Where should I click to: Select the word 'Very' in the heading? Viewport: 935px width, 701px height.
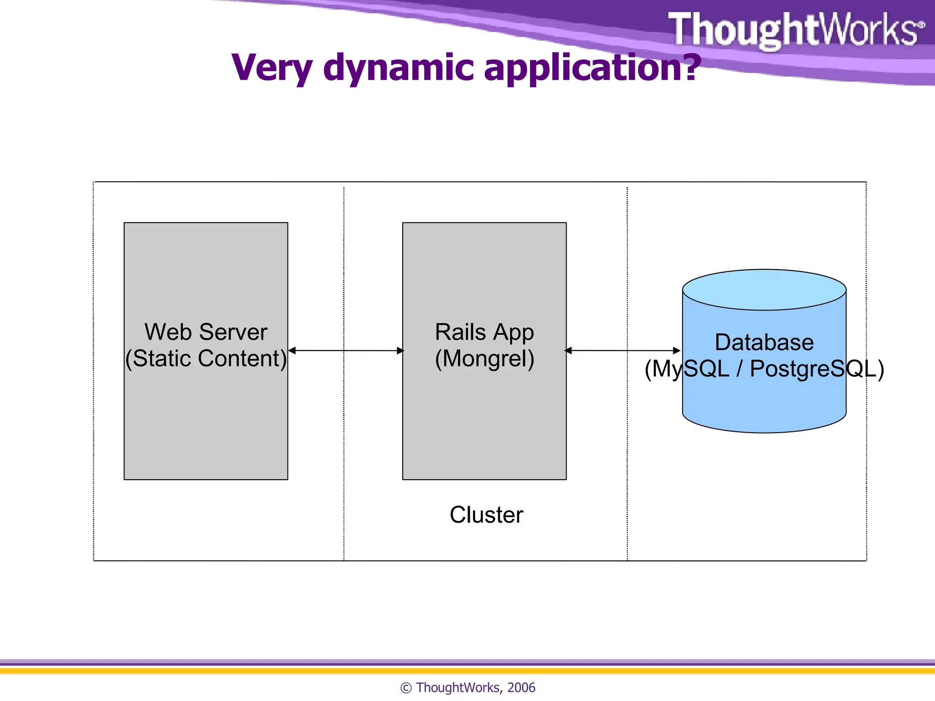click(x=272, y=68)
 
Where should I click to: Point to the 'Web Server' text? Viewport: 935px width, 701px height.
click(x=206, y=332)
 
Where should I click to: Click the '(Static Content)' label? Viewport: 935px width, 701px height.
click(x=206, y=358)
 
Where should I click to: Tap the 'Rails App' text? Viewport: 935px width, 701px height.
click(x=484, y=332)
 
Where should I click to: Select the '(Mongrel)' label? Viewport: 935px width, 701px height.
click(x=484, y=358)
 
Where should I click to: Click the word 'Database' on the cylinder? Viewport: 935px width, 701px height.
click(x=764, y=342)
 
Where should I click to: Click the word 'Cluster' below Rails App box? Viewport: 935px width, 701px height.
click(x=486, y=515)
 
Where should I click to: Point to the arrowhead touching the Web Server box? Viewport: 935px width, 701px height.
click(x=292, y=350)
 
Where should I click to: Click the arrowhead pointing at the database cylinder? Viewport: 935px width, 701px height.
click(x=677, y=350)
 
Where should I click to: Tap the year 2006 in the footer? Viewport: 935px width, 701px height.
click(x=521, y=687)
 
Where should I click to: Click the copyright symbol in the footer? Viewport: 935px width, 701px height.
click(x=406, y=688)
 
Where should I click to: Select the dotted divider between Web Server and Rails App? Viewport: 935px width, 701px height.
click(x=344, y=456)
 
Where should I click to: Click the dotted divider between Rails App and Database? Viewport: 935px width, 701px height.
click(x=627, y=456)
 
